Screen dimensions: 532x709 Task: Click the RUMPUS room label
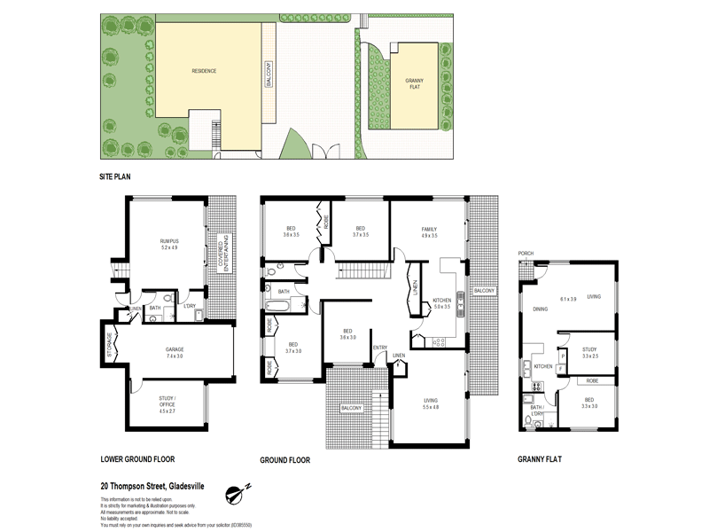pos(168,240)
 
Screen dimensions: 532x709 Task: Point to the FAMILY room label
pos(430,231)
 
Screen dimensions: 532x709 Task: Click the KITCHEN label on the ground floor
pos(441,301)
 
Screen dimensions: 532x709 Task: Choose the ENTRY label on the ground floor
pos(380,347)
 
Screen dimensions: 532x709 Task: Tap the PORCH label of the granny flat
pos(526,253)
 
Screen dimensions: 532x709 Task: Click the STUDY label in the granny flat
pos(589,349)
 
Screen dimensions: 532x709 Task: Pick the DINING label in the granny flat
pos(540,309)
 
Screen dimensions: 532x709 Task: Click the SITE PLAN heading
pos(115,177)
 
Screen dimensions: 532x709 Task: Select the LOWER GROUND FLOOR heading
pos(138,459)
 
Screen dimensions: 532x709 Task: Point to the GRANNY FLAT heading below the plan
pos(539,459)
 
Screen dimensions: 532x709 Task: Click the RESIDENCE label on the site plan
pos(205,69)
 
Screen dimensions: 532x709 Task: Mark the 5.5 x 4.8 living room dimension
pos(430,407)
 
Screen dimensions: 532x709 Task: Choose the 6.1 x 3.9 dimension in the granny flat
pos(567,298)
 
